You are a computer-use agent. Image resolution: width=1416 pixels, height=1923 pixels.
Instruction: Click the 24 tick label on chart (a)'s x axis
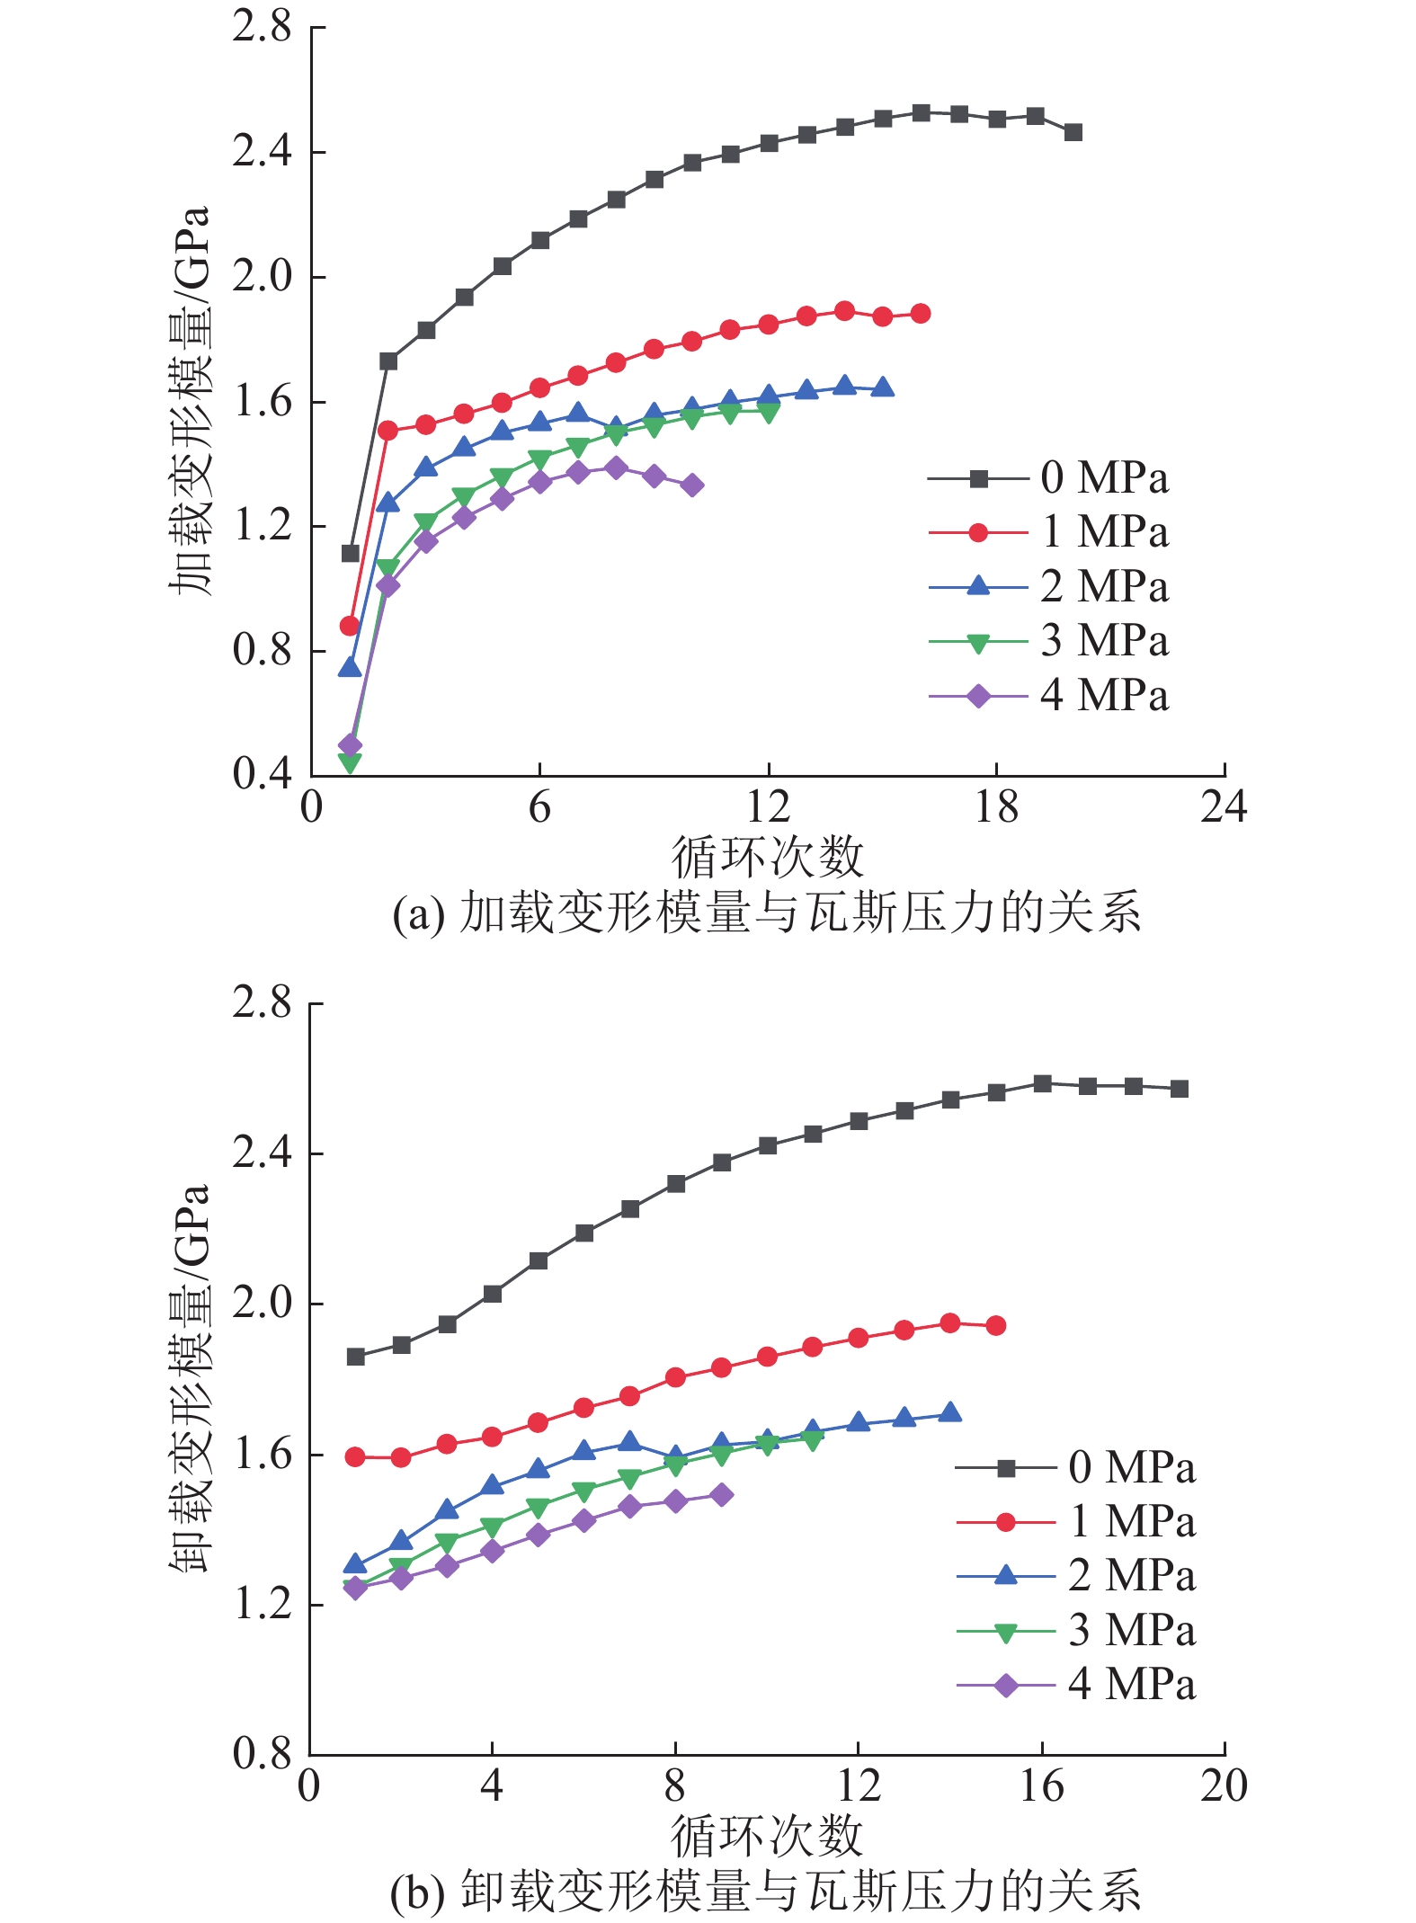1224,808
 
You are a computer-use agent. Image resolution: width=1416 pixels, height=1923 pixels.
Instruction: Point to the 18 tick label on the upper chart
996,808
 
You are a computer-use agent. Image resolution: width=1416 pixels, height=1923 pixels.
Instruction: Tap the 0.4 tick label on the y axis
263,774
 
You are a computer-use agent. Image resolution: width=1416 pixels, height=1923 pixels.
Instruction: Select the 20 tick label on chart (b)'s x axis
1224,1786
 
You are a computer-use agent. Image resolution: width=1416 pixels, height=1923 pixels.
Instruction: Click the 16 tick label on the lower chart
1041,1786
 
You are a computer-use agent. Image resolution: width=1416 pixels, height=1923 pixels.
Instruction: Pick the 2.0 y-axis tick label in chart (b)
263,1304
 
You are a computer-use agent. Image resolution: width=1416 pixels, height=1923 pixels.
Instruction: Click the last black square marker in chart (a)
1073,132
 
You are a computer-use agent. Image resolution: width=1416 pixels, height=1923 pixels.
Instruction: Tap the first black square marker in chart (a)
351,553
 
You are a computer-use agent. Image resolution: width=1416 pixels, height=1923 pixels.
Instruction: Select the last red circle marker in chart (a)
921,314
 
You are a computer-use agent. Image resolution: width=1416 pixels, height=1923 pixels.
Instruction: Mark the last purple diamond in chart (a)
692,485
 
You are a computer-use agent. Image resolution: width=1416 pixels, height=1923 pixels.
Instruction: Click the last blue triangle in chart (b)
950,1412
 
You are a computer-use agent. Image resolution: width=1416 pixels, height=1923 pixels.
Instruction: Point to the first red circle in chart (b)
356,1456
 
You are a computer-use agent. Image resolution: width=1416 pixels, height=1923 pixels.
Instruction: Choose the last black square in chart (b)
1180,1089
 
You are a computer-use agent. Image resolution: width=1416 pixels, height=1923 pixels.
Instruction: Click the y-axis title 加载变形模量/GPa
191,400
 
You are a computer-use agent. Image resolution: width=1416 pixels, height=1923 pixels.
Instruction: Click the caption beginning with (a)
767,913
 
